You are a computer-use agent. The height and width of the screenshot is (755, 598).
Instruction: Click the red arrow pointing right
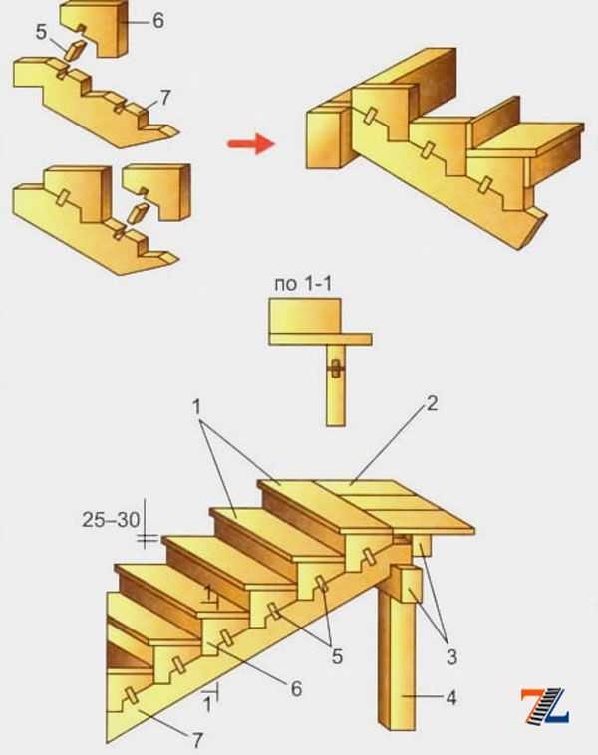[x=251, y=143]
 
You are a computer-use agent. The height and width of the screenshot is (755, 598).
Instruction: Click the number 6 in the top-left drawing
[x=158, y=21]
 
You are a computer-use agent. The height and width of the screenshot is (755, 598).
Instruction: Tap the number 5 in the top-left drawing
[x=42, y=32]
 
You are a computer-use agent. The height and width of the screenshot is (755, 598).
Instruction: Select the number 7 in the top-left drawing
[x=164, y=98]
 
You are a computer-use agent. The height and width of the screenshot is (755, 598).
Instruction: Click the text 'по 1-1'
[x=303, y=284]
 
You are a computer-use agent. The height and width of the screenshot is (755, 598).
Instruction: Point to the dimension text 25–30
[x=111, y=520]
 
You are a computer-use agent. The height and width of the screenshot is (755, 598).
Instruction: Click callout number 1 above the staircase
[x=196, y=407]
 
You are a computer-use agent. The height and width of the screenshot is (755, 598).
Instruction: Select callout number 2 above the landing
[x=432, y=403]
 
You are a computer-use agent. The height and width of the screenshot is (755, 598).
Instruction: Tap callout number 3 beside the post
[x=451, y=656]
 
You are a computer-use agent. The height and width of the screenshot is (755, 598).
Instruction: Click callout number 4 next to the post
[x=451, y=697]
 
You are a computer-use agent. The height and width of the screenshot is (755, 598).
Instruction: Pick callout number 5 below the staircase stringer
[x=337, y=656]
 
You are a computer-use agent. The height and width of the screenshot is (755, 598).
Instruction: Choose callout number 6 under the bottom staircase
[x=296, y=689]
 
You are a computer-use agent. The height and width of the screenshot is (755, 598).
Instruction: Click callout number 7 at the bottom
[x=197, y=740]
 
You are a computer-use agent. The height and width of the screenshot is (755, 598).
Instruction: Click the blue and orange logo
[x=544, y=706]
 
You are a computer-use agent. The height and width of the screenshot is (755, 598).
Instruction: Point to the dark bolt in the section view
[x=336, y=370]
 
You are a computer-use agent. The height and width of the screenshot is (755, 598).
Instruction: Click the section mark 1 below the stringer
[x=207, y=704]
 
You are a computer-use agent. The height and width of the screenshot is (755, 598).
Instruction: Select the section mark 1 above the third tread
[x=207, y=595]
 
